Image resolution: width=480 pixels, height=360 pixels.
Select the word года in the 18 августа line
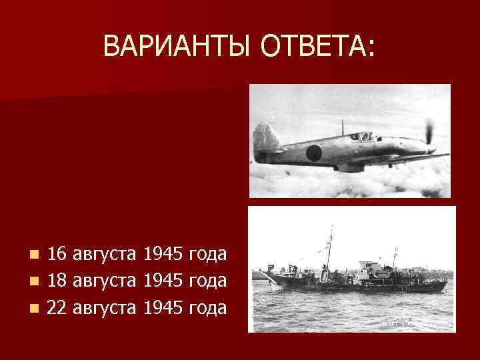pos(208,281)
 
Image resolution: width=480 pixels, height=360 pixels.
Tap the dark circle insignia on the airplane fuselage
pos(314,152)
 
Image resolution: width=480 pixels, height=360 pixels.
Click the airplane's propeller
pos(429,133)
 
